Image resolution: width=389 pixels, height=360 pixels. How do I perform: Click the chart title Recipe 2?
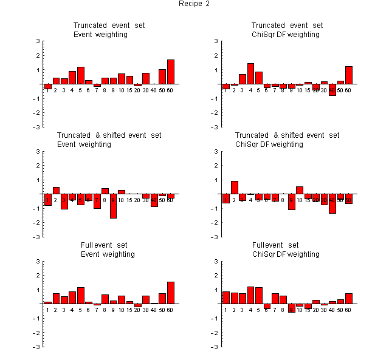pyautogui.click(x=194, y=4)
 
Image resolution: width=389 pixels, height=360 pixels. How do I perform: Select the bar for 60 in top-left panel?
pyautogui.click(x=171, y=72)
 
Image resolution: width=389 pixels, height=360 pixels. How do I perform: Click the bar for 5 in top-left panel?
pyautogui.click(x=81, y=75)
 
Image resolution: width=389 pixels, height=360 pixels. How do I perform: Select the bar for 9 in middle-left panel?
pyautogui.click(x=113, y=206)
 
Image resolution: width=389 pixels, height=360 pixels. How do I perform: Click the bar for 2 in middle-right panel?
pyautogui.click(x=235, y=188)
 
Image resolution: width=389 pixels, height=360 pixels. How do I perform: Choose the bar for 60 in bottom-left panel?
pyautogui.click(x=171, y=293)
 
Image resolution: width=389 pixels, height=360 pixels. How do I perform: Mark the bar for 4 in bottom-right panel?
pyautogui.click(x=250, y=295)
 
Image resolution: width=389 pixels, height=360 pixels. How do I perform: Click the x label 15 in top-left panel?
pyautogui.click(x=129, y=90)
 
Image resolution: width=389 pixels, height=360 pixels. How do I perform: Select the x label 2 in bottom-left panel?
pyautogui.click(x=55, y=310)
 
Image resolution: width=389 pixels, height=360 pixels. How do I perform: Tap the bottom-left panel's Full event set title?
pyautogui.click(x=109, y=245)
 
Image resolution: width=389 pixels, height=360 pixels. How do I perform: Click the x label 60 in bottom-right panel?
pyautogui.click(x=348, y=310)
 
